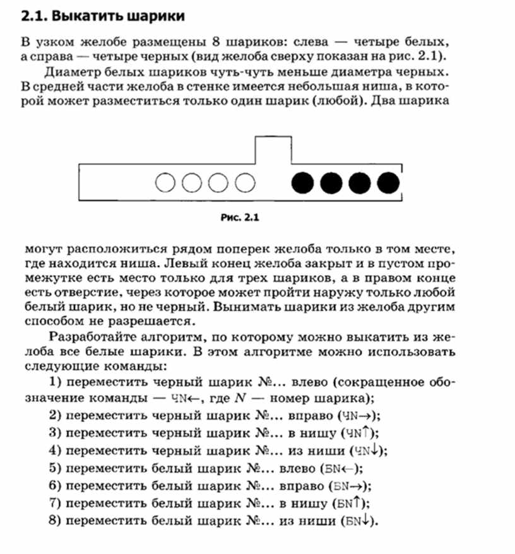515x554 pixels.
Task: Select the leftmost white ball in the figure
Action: [x=166, y=183]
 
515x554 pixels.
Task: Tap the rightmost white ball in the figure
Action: [x=246, y=183]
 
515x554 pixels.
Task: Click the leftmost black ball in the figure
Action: [x=302, y=183]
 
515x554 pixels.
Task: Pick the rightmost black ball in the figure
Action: [x=388, y=183]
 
